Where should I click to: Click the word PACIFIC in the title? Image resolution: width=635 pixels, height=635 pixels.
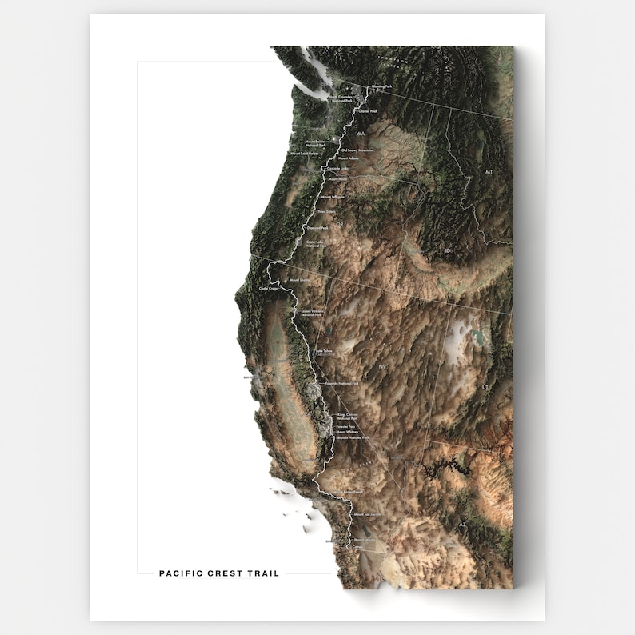click(178, 573)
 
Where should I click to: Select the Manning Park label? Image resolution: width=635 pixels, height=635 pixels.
click(381, 86)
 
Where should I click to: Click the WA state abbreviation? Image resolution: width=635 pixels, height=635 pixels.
click(371, 134)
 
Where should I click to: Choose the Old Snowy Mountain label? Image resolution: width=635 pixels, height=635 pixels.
click(357, 150)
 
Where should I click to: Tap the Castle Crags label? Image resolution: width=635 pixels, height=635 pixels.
click(268, 288)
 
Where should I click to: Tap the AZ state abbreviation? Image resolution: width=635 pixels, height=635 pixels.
click(462, 525)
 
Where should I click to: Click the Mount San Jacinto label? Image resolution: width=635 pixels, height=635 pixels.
click(369, 515)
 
